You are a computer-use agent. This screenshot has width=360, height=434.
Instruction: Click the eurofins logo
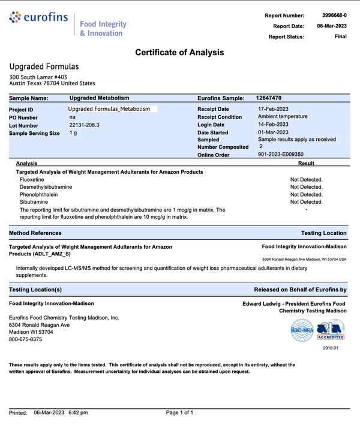pos(39,19)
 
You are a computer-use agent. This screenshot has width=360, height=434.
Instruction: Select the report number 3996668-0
pos(332,15)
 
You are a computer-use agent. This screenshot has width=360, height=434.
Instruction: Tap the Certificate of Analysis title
pos(179,52)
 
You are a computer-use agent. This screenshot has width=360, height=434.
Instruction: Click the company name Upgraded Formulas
pos(44,67)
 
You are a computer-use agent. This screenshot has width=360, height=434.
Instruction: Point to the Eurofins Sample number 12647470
pos(269,97)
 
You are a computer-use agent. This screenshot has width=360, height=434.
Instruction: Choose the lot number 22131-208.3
pos(85,125)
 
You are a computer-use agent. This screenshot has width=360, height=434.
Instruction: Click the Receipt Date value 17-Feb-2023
pos(274,108)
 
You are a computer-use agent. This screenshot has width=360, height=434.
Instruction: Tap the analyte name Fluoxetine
pos(32,179)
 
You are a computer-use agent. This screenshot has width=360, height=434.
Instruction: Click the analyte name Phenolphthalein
pos(39,194)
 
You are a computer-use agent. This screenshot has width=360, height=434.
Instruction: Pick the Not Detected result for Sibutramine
pos(306,202)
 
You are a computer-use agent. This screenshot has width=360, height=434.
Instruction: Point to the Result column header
pos(306,163)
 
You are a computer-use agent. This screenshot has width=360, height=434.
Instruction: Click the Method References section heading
pos(35,233)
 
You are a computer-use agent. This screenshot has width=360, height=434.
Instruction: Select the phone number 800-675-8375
pos(26,339)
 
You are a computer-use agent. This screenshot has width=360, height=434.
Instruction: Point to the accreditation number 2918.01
pos(331,347)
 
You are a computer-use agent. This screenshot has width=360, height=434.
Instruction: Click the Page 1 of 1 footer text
pos(179,412)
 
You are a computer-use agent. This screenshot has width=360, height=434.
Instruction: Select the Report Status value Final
pos(340,37)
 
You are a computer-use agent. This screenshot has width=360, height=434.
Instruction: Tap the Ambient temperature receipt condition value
pos(283,116)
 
